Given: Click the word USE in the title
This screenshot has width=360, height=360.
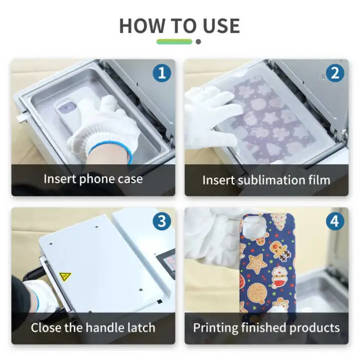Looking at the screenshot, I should (220, 26).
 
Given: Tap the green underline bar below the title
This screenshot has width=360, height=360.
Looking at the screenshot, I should (174, 42).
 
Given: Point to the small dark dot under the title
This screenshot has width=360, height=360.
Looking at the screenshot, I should (198, 42).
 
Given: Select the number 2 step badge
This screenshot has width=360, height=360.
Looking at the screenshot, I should (335, 73).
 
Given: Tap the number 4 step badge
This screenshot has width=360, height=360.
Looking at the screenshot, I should (335, 222).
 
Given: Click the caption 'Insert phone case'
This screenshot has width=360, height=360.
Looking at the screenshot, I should (93, 179).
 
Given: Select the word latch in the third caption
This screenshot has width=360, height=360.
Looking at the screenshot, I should (140, 328).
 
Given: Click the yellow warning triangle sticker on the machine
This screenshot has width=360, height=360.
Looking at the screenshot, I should (65, 277).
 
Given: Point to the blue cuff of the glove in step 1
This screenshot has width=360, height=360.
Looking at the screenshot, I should (111, 150).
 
